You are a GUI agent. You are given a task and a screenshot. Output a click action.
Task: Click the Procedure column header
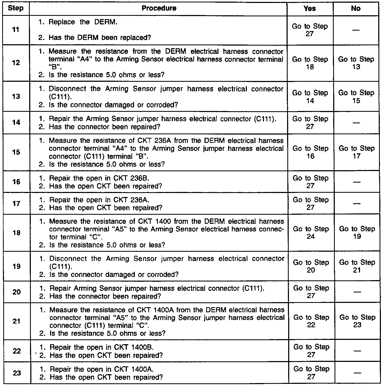(159, 8)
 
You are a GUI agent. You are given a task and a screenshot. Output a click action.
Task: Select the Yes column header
(310, 9)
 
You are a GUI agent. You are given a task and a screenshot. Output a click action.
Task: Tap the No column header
(356, 9)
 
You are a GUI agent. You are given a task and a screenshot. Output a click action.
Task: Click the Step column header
(16, 8)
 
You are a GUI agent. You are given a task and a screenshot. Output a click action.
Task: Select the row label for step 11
(16, 29)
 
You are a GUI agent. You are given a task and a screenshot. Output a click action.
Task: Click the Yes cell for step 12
(310, 63)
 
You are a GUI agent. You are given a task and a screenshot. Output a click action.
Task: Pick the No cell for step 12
(356, 63)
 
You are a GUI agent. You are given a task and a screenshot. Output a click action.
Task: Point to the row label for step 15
(16, 152)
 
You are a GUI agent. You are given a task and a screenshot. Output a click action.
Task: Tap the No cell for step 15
(357, 152)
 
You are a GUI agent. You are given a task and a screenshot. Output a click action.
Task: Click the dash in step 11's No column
(356, 30)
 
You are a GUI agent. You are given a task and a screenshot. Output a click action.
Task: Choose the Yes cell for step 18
(311, 233)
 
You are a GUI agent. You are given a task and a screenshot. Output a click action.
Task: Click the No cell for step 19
(357, 266)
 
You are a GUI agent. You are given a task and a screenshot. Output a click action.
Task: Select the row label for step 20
(16, 292)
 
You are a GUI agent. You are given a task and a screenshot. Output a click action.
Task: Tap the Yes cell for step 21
(311, 321)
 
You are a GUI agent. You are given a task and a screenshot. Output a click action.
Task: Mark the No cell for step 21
(357, 321)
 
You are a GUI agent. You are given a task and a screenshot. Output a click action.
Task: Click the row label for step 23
(17, 373)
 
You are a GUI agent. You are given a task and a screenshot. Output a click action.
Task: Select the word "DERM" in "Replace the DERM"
(106, 22)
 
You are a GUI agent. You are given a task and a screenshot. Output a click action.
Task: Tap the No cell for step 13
(356, 97)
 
